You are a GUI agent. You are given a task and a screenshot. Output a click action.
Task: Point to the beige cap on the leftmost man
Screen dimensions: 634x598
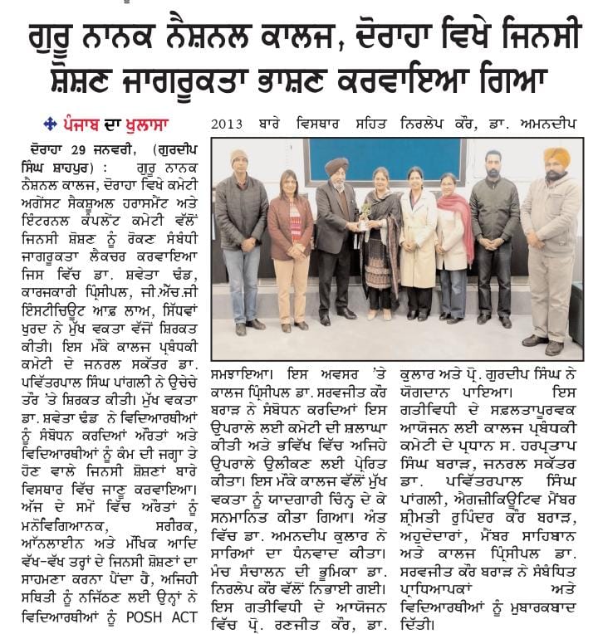tap(239, 157)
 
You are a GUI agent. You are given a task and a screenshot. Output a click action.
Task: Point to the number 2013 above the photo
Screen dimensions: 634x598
tap(227, 124)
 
